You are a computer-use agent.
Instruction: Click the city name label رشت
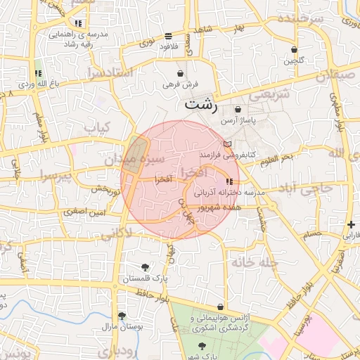tap(201, 103)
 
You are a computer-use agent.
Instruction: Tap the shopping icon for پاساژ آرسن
tap(238, 110)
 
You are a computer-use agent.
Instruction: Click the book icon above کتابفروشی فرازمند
tap(226, 143)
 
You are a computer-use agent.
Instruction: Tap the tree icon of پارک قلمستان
tap(145, 266)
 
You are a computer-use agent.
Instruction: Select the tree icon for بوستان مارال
tap(122, 316)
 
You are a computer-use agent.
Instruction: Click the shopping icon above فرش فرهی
tap(181, 73)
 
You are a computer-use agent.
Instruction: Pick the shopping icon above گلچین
tap(294, 50)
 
